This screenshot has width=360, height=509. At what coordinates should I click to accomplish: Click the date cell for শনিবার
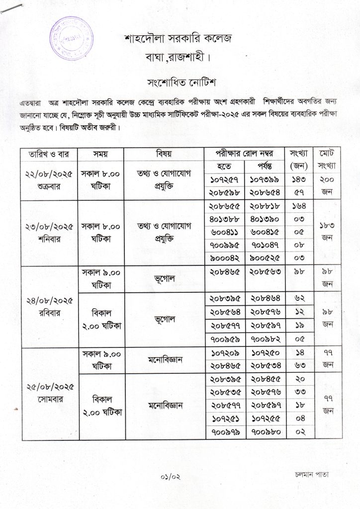coord(48,232)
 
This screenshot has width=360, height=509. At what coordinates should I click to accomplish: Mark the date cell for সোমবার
coord(48,393)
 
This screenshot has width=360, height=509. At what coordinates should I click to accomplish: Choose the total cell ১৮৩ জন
coord(327,232)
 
